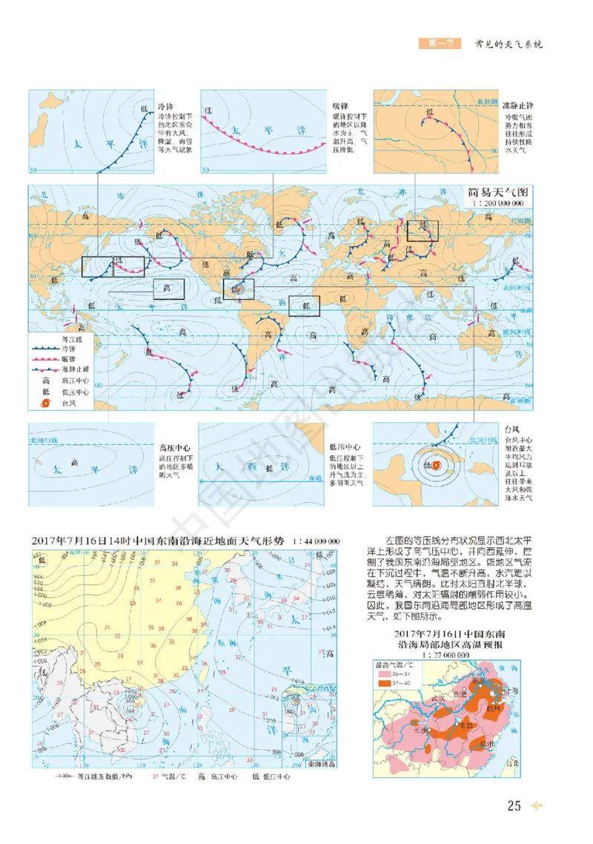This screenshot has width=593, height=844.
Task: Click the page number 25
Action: tap(514, 806)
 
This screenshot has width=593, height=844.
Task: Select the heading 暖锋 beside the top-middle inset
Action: tap(342, 106)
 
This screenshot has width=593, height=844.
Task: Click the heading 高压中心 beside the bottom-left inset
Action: tap(174, 448)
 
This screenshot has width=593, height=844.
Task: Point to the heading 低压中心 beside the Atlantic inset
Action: tap(345, 448)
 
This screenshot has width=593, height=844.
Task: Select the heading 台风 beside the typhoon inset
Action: tap(511, 430)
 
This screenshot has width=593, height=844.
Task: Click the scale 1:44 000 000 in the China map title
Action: tap(317, 541)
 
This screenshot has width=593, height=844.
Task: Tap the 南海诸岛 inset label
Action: tap(320, 764)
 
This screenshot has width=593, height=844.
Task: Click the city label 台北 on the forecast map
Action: tap(512, 762)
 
